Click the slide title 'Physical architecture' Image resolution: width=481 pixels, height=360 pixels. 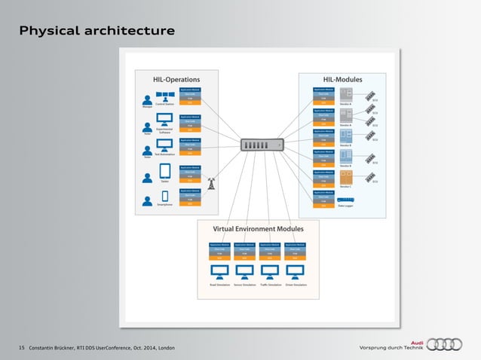click(x=97, y=31)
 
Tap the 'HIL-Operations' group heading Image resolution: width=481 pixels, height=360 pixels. click(x=176, y=78)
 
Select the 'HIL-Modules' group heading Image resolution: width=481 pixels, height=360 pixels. click(x=342, y=78)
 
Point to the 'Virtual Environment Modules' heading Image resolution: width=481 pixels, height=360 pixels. click(x=259, y=228)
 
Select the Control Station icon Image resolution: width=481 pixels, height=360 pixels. click(x=165, y=97)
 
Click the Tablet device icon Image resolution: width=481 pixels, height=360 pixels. click(x=165, y=177)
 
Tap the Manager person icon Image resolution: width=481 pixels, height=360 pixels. click(x=147, y=99)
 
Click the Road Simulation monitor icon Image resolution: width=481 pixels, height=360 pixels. click(x=220, y=270)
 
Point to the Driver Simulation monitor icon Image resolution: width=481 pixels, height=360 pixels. click(x=295, y=270)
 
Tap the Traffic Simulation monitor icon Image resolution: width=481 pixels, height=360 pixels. click(x=270, y=270)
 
